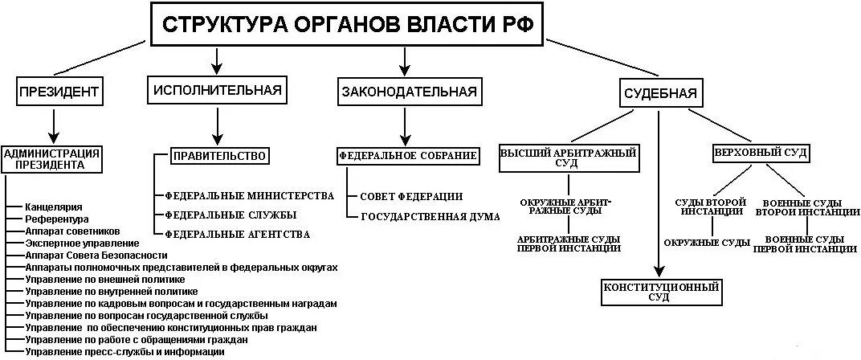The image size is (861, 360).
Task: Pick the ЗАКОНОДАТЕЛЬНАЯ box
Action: point(408,92)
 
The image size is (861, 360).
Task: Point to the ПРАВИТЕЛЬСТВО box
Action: point(218,156)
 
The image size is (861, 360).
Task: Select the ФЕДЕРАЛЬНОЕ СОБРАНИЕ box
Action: point(408,155)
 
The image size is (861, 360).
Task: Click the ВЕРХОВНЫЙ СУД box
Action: point(761,152)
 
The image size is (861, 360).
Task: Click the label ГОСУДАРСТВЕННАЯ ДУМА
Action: point(430,217)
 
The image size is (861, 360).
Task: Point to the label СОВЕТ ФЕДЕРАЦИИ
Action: point(411,196)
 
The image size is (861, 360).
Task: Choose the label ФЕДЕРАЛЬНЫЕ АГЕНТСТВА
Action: point(238,234)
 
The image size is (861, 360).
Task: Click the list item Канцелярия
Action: point(54,207)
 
